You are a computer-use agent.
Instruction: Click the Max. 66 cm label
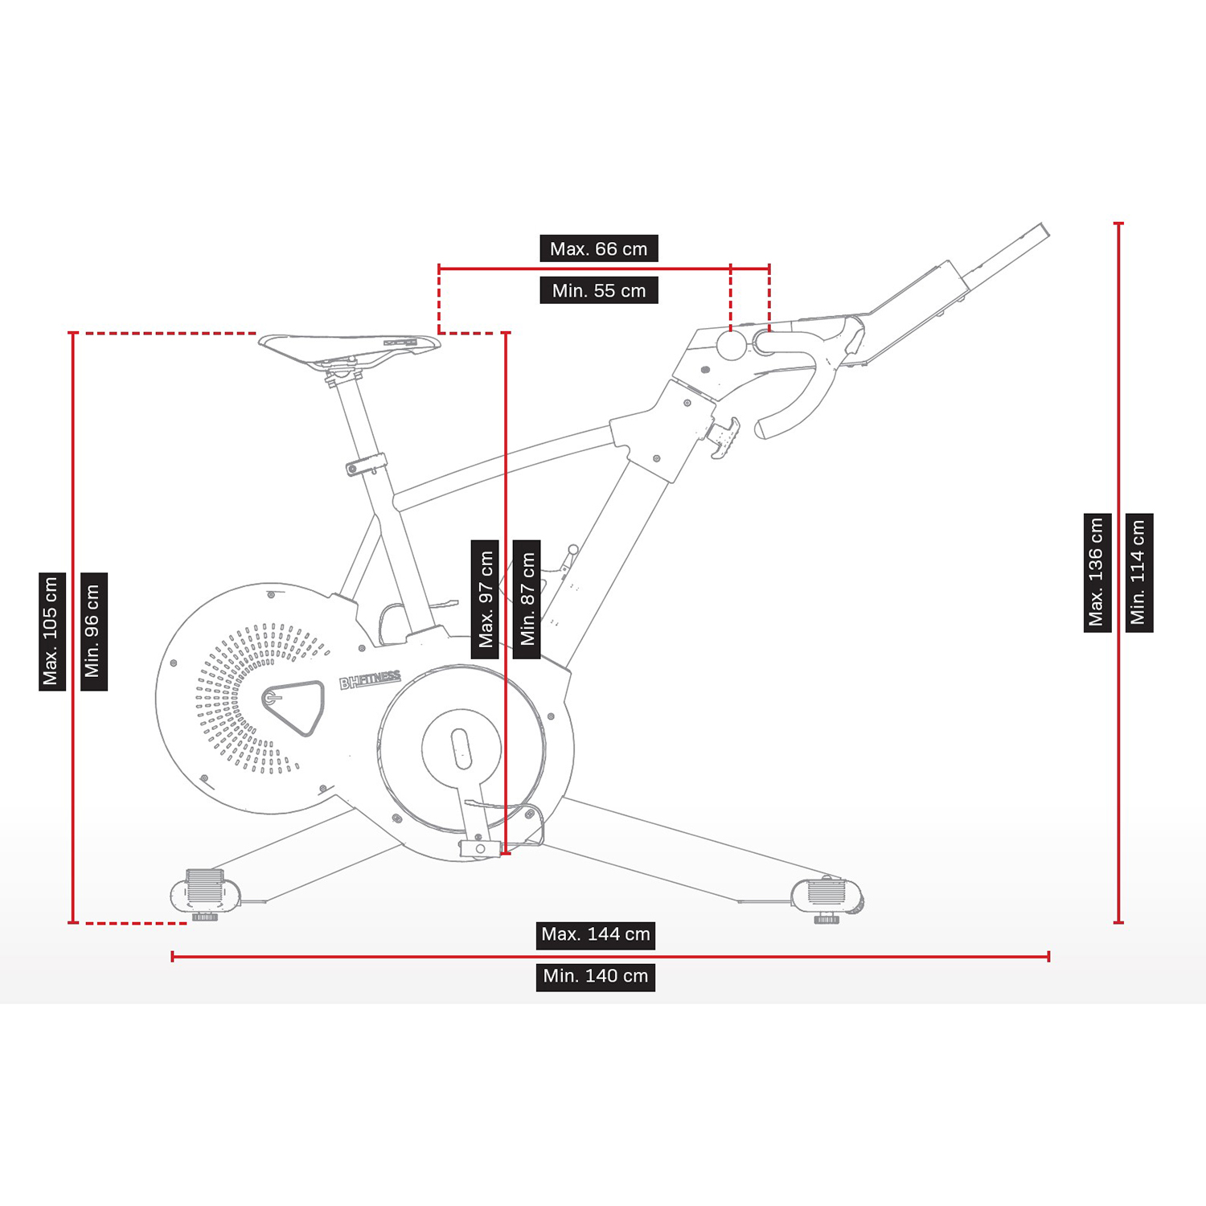click(x=599, y=248)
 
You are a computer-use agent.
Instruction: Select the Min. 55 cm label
click(x=599, y=290)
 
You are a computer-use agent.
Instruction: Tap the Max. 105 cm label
click(x=52, y=631)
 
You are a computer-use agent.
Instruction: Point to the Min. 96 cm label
click(x=94, y=631)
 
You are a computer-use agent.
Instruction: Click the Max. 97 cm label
click(x=485, y=599)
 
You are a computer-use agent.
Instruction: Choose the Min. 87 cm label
click(x=527, y=599)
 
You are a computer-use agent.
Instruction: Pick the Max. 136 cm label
click(x=1097, y=572)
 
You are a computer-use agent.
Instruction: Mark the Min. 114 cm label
click(x=1139, y=572)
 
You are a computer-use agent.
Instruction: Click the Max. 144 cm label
click(x=596, y=935)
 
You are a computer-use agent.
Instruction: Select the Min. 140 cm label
click(x=596, y=977)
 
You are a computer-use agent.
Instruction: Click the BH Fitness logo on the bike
click(x=370, y=681)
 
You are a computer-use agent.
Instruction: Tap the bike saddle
click(x=350, y=347)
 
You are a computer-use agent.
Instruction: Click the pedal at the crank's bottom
click(x=480, y=848)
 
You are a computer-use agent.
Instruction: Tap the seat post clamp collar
click(x=367, y=465)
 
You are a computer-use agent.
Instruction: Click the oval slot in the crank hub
click(x=461, y=749)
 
